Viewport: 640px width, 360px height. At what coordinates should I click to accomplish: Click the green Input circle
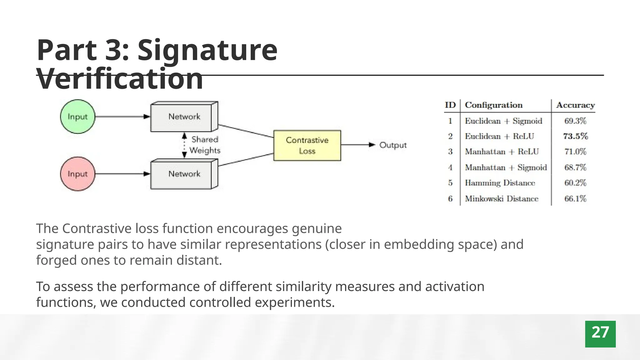point(77,117)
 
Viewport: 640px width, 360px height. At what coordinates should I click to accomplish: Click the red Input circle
point(77,174)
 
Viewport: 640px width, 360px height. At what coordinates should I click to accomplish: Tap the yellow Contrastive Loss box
point(307,146)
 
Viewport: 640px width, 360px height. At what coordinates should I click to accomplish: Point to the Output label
point(393,145)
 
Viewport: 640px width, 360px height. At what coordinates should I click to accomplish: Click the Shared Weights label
point(205,145)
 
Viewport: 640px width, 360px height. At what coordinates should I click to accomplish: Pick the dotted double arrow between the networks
point(184,146)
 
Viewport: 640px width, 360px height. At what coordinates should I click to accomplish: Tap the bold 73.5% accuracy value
point(575,136)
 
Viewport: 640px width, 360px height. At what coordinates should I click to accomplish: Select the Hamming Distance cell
point(500,183)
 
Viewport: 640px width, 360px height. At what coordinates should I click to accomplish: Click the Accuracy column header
point(575,105)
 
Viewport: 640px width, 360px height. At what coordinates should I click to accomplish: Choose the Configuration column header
point(493,105)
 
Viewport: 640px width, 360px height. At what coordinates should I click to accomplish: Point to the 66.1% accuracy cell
point(575,199)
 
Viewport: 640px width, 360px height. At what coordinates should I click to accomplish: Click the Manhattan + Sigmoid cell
point(506,167)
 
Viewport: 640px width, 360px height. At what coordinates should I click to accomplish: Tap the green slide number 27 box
point(600,334)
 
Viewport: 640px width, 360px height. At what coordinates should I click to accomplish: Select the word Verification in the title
point(120,79)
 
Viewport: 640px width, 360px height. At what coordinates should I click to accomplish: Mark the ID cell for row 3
point(450,152)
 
